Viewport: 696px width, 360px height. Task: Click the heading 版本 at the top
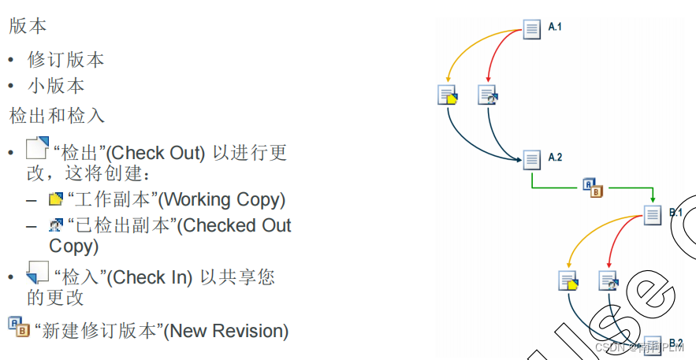[28, 25]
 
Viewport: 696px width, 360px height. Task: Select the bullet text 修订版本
[66, 60]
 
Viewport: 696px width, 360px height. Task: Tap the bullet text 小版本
[56, 86]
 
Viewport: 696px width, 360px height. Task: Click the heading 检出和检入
[57, 116]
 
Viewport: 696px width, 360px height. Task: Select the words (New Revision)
[226, 331]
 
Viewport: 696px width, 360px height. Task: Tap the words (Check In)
[150, 277]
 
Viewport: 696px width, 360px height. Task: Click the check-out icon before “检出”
[37, 149]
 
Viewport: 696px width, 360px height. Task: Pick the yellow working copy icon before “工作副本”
[55, 199]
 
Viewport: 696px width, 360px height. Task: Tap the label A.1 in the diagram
[555, 28]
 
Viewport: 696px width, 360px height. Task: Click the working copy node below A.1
[448, 95]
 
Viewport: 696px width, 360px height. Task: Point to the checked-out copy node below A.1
[489, 95]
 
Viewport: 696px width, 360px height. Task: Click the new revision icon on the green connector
[593, 187]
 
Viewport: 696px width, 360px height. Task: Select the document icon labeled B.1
[653, 214]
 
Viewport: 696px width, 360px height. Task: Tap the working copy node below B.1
[568, 280]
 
